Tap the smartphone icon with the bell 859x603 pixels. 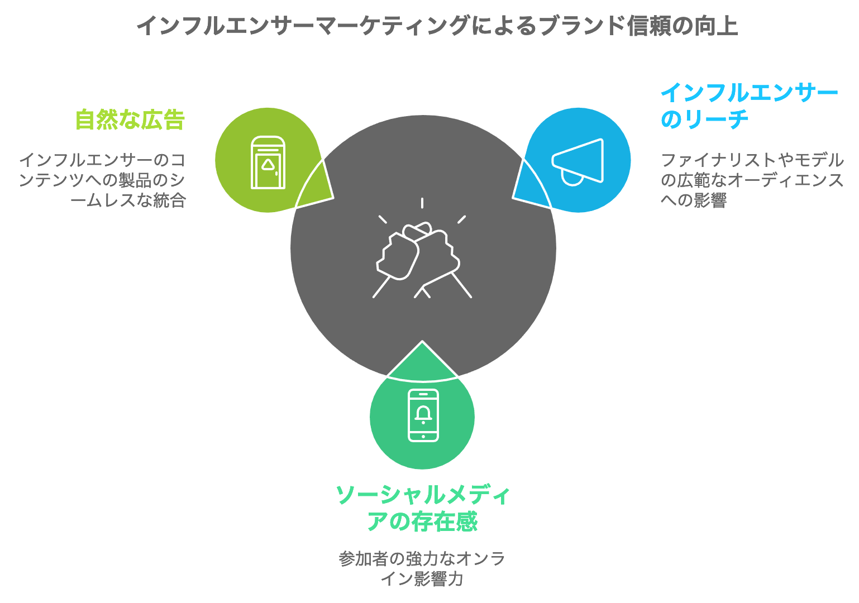[x=423, y=415]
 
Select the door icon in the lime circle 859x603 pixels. [x=268, y=162]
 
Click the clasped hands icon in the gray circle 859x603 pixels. [x=422, y=253]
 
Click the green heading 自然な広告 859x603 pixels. [x=130, y=119]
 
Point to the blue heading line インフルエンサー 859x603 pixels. [x=750, y=93]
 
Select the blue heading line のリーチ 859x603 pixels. [x=704, y=119]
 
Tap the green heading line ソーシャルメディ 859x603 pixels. [x=423, y=495]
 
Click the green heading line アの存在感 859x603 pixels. [x=422, y=521]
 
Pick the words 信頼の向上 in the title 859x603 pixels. [x=683, y=26]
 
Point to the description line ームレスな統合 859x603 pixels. [x=128, y=200]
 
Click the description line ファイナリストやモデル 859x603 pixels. [x=752, y=160]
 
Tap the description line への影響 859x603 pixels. [x=693, y=200]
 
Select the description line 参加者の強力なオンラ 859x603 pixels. [x=422, y=558]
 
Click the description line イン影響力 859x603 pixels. [x=422, y=578]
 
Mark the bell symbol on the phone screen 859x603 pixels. [x=423, y=414]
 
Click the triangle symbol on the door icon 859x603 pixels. [x=268, y=165]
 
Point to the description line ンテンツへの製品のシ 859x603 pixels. [x=102, y=180]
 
